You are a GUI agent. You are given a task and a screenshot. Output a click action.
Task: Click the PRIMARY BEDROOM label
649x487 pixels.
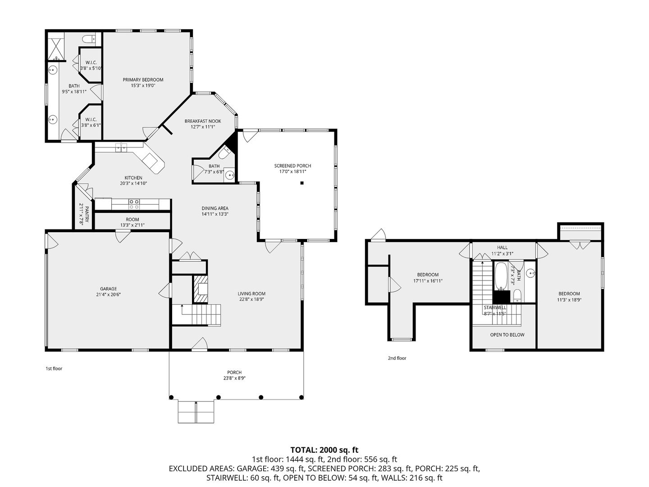[143, 80]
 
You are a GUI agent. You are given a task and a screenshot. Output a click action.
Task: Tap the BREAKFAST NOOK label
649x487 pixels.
[202, 121]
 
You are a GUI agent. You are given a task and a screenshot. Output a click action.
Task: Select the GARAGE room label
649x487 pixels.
[108, 289]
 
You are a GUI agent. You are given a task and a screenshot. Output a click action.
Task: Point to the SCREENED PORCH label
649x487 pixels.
[293, 166]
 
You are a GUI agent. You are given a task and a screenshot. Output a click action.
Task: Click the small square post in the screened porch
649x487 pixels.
[302, 183]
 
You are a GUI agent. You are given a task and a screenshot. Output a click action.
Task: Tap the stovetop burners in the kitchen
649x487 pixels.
[134, 204]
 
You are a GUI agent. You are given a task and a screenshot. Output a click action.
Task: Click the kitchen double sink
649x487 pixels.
[121, 147]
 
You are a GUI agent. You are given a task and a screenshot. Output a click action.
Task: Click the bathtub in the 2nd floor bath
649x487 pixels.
[501, 276]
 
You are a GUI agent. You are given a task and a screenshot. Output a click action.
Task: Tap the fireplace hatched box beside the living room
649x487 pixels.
[201, 289]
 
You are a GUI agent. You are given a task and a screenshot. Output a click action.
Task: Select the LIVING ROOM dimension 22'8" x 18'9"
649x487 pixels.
[251, 299]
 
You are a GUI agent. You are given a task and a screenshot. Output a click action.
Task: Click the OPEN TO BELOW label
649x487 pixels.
[507, 335]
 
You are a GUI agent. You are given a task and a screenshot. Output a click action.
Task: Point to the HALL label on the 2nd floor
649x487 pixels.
[502, 248]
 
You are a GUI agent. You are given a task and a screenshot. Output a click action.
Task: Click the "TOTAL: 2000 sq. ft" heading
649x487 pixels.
[324, 450]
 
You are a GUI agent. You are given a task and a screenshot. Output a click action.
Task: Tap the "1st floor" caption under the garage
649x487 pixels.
[54, 368]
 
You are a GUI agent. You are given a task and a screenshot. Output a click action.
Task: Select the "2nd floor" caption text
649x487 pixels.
[397, 358]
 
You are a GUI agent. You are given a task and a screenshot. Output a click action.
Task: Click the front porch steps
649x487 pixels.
[196, 412]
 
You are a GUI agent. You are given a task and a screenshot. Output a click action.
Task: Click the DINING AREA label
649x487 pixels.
[215, 208]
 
